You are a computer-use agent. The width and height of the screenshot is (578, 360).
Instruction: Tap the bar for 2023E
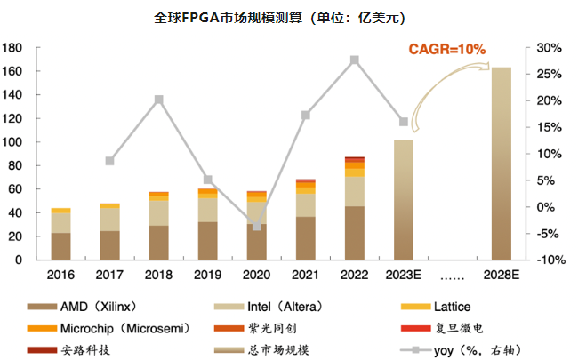point(404,200)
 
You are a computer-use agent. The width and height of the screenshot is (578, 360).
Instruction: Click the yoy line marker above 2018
point(158,100)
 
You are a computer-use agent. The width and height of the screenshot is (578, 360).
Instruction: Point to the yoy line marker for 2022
point(355,60)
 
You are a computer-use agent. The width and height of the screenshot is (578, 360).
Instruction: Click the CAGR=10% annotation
point(446,50)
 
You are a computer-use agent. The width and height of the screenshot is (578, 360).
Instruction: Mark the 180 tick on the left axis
point(15,47)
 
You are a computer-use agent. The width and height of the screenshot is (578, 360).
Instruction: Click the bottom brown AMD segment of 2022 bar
point(355,233)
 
